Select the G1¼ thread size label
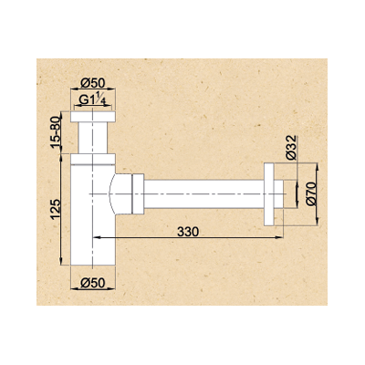pos(94,100)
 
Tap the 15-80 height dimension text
pos(56,132)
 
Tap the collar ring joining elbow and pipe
pos(136,193)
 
